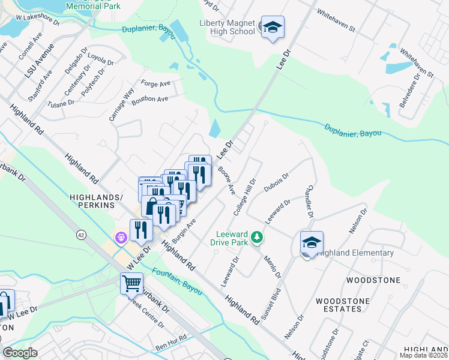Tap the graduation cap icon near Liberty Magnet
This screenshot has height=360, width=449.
tap(273, 27)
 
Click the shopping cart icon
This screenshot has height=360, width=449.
tap(132, 282)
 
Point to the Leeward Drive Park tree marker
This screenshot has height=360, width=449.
tap(257, 238)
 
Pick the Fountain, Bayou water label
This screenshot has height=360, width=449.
tap(176, 280)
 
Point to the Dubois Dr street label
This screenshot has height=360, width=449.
tap(277, 182)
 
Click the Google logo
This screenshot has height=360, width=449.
tap(20, 353)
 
